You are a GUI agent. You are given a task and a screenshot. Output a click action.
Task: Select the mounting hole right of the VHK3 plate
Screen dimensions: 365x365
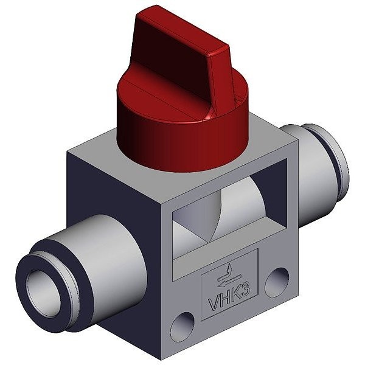pos(277,282)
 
